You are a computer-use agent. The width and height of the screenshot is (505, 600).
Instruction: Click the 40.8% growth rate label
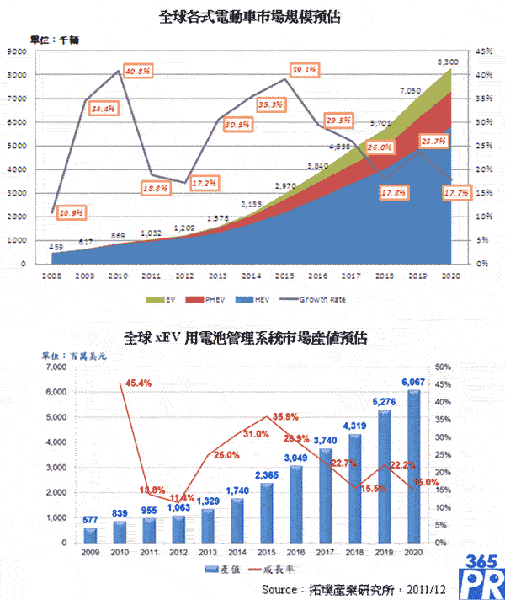(x=136, y=72)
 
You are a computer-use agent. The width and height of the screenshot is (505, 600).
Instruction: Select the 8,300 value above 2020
(x=449, y=62)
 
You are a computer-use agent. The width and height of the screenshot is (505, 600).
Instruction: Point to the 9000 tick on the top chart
(x=18, y=51)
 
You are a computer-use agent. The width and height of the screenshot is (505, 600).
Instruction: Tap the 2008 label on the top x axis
(x=51, y=274)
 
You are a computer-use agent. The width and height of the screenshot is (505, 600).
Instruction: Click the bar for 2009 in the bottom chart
(x=90, y=535)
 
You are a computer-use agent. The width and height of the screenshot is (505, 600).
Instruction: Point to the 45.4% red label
(x=139, y=383)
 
